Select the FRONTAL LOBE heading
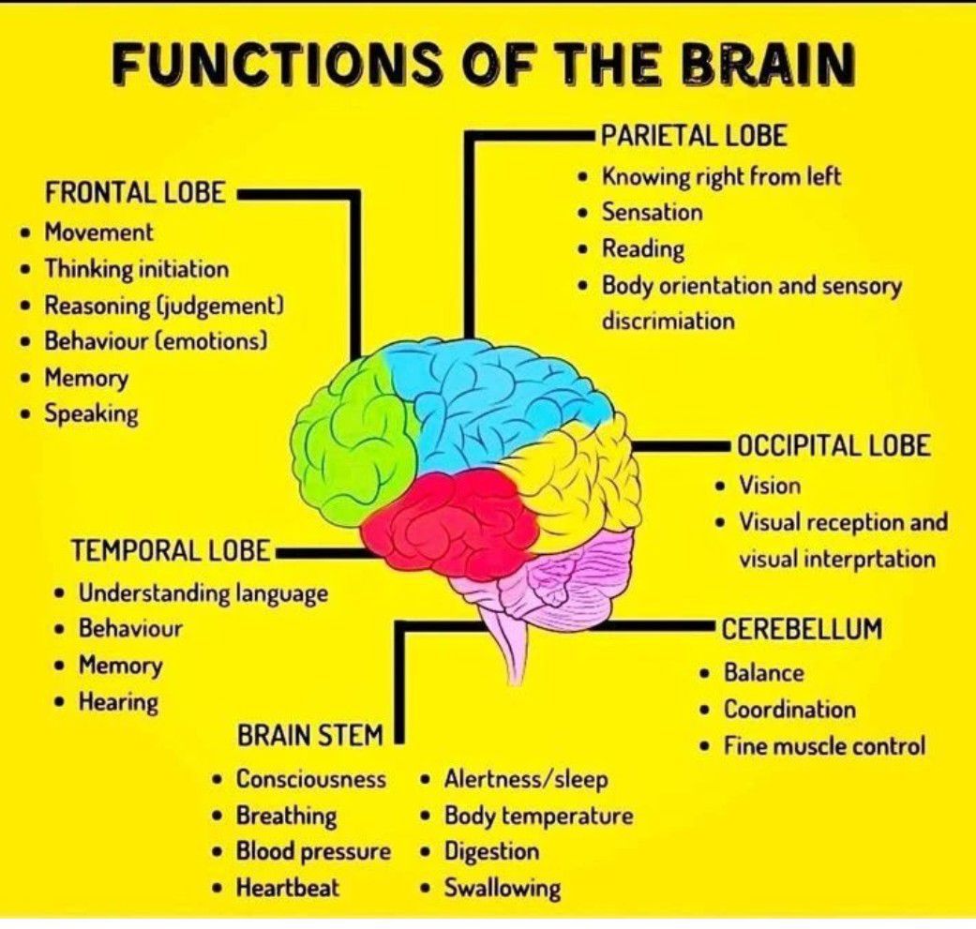(135, 193)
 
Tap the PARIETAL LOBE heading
(693, 136)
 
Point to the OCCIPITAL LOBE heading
(833, 445)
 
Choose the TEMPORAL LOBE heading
(172, 551)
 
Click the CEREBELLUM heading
(802, 629)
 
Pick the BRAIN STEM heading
(309, 736)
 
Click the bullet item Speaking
(91, 414)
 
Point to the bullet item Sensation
(652, 213)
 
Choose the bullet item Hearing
(118, 702)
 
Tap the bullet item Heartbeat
(288, 887)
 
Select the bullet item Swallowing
(502, 888)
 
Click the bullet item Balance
(763, 673)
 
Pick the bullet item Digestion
(491, 852)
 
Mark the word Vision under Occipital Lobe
(770, 486)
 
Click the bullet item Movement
(98, 232)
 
